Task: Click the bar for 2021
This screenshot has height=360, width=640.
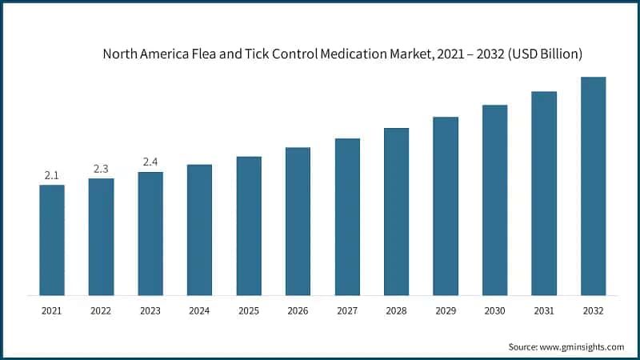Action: click(52, 240)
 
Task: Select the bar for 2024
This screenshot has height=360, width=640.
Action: click(199, 230)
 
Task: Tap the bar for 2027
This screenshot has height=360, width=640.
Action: click(347, 217)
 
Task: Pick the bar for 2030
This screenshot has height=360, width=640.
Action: click(494, 200)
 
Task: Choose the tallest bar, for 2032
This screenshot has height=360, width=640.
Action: click(593, 186)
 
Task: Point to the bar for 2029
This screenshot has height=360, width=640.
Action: click(446, 206)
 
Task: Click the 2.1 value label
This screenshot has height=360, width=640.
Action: click(52, 174)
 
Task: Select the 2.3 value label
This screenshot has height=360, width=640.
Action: click(101, 168)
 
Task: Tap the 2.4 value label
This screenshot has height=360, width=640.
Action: click(150, 162)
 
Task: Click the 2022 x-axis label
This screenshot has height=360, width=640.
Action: click(101, 310)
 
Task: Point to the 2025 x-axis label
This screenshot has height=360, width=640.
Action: click(249, 310)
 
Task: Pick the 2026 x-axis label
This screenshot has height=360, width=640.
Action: click(298, 310)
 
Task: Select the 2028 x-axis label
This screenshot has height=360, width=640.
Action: click(396, 310)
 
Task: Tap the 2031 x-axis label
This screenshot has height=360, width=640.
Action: click(544, 310)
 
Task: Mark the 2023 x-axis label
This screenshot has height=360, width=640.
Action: click(150, 310)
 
